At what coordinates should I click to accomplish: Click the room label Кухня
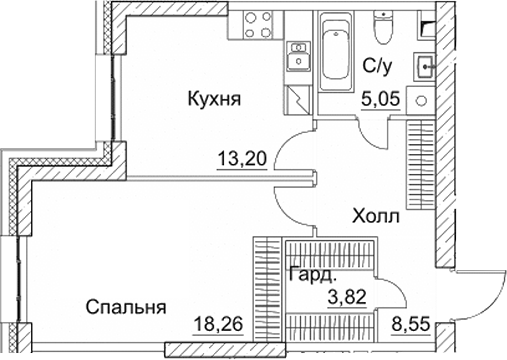[216, 99]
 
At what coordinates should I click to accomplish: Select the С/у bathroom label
[377, 68]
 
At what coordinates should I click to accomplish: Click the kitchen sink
[298, 58]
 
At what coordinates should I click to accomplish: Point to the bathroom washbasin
[426, 70]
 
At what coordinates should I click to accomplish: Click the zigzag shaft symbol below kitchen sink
[299, 99]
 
